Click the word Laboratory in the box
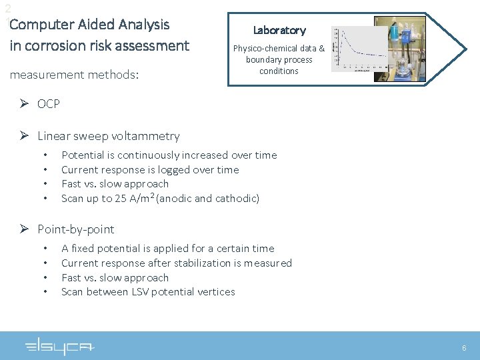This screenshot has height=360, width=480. pyautogui.click(x=279, y=30)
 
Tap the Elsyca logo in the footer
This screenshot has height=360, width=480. pyautogui.click(x=60, y=347)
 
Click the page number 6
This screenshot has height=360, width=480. pyautogui.click(x=464, y=348)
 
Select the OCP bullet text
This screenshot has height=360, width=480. pyautogui.click(x=49, y=104)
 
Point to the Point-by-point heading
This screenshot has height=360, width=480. pyautogui.click(x=75, y=229)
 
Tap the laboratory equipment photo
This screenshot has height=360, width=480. pyautogui.click(x=399, y=49)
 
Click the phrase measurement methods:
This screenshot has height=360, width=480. pyautogui.click(x=74, y=75)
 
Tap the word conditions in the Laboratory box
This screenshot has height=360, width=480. pyautogui.click(x=279, y=71)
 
